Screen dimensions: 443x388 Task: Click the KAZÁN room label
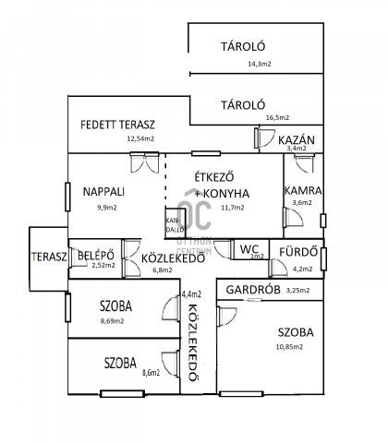(297, 138)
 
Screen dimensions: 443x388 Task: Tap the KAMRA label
(301, 189)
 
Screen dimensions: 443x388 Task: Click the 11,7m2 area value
(232, 208)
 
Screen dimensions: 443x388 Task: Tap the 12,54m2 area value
(140, 139)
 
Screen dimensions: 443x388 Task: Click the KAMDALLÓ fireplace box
(173, 224)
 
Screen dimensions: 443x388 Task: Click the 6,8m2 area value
(163, 271)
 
